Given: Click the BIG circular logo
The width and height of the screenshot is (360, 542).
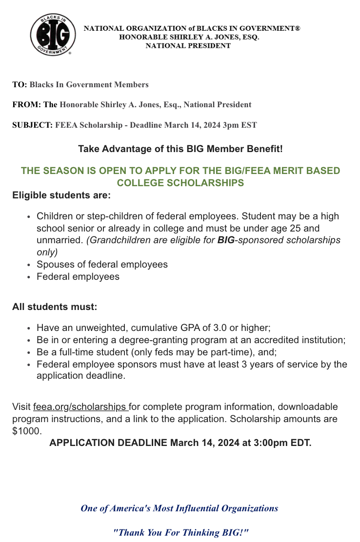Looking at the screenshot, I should (53, 35).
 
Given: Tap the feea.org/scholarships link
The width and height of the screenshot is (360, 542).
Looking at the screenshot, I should (80, 407).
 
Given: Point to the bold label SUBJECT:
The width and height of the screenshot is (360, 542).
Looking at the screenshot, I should (32, 125).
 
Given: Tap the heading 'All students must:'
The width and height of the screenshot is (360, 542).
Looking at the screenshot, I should (55, 307).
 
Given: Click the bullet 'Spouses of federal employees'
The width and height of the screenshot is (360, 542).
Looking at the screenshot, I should (102, 265).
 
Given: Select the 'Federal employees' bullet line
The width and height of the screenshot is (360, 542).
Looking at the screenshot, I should (78, 277).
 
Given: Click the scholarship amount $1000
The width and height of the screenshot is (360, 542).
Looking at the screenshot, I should (27, 431).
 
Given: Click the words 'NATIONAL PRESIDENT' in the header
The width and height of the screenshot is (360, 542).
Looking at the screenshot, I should (188, 46).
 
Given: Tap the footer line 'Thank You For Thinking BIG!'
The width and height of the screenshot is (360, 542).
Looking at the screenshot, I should (181, 533).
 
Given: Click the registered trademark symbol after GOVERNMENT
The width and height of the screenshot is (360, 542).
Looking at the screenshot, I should (297, 28).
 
